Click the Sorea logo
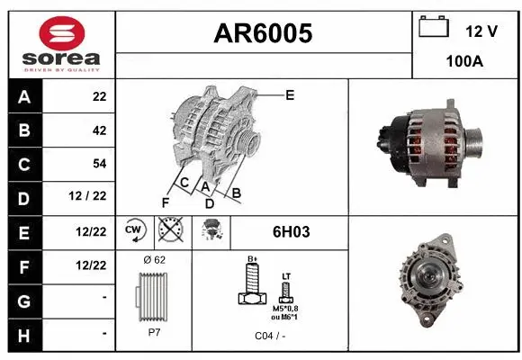click(x=61, y=44)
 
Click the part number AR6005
click(x=263, y=33)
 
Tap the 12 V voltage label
click(x=481, y=31)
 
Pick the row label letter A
click(x=23, y=97)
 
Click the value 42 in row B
click(x=99, y=130)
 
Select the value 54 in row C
click(x=99, y=164)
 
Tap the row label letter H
click(x=23, y=334)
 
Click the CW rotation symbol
click(x=135, y=230)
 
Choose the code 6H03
click(x=291, y=231)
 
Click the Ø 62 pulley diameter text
click(x=154, y=260)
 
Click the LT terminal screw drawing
click(x=286, y=291)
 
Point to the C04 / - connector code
click(x=270, y=335)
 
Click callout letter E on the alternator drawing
click(x=290, y=94)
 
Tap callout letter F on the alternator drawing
click(x=166, y=202)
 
